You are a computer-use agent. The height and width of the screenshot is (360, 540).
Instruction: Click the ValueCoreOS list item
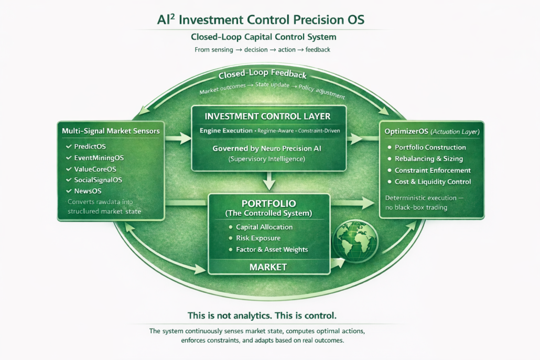click(x=95, y=169)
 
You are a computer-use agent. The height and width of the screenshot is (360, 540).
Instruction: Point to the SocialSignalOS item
click(x=98, y=180)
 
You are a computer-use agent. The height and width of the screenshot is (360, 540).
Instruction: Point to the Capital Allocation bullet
click(x=264, y=227)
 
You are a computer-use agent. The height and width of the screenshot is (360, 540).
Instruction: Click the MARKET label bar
click(x=268, y=267)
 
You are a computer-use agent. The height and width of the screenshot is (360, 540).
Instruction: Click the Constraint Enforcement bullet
click(x=433, y=170)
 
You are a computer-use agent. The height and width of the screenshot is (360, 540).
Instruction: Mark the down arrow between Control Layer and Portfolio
click(x=269, y=182)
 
